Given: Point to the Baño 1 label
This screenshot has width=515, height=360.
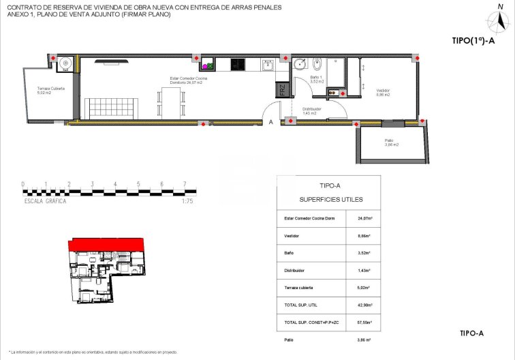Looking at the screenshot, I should pyautogui.click(x=315, y=78).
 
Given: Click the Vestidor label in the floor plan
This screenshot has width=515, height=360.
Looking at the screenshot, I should pyautogui.click(x=382, y=91).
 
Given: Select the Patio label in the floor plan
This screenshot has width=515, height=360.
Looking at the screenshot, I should pyautogui.click(x=390, y=142).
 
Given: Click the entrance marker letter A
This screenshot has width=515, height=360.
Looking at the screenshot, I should pyautogui.click(x=271, y=122).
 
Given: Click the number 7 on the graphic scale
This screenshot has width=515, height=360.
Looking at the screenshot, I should pyautogui.click(x=185, y=184).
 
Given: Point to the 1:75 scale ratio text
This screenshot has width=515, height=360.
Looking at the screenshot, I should pyautogui.click(x=188, y=202).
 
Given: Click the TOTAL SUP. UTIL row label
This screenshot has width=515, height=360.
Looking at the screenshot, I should pyautogui.click(x=301, y=305).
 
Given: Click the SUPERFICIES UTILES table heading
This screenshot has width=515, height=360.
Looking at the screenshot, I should pyautogui.click(x=331, y=200).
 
